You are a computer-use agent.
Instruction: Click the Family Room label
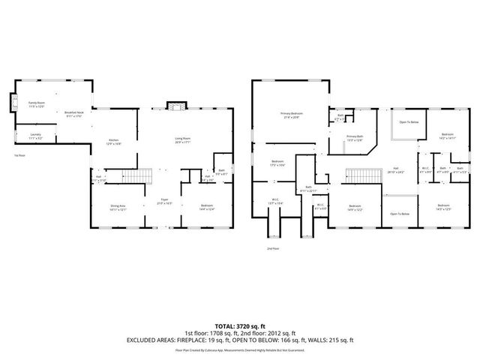pyautogui.click(x=37, y=104)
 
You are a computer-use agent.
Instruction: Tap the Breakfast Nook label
pyautogui.click(x=73, y=113)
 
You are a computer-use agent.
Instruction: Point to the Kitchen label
pyautogui.click(x=114, y=142)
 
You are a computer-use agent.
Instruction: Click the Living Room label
pyautogui.click(x=181, y=140)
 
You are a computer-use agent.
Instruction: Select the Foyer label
pyautogui.click(x=164, y=202)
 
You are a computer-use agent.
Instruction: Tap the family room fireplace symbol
pyautogui.click(x=11, y=103)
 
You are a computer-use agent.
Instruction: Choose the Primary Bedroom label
pyautogui.click(x=292, y=115)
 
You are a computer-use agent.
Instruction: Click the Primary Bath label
pyautogui.click(x=354, y=138)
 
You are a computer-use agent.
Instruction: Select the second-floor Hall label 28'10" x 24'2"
pyautogui.click(x=396, y=170)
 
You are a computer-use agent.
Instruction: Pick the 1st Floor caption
pyautogui.click(x=20, y=155)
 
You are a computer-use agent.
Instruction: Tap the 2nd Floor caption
pyautogui.click(x=272, y=247)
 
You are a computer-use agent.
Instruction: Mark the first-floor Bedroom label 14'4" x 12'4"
pyautogui.click(x=206, y=207)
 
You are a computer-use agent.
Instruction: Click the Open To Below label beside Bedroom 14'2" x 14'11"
pyautogui.click(x=409, y=121)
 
